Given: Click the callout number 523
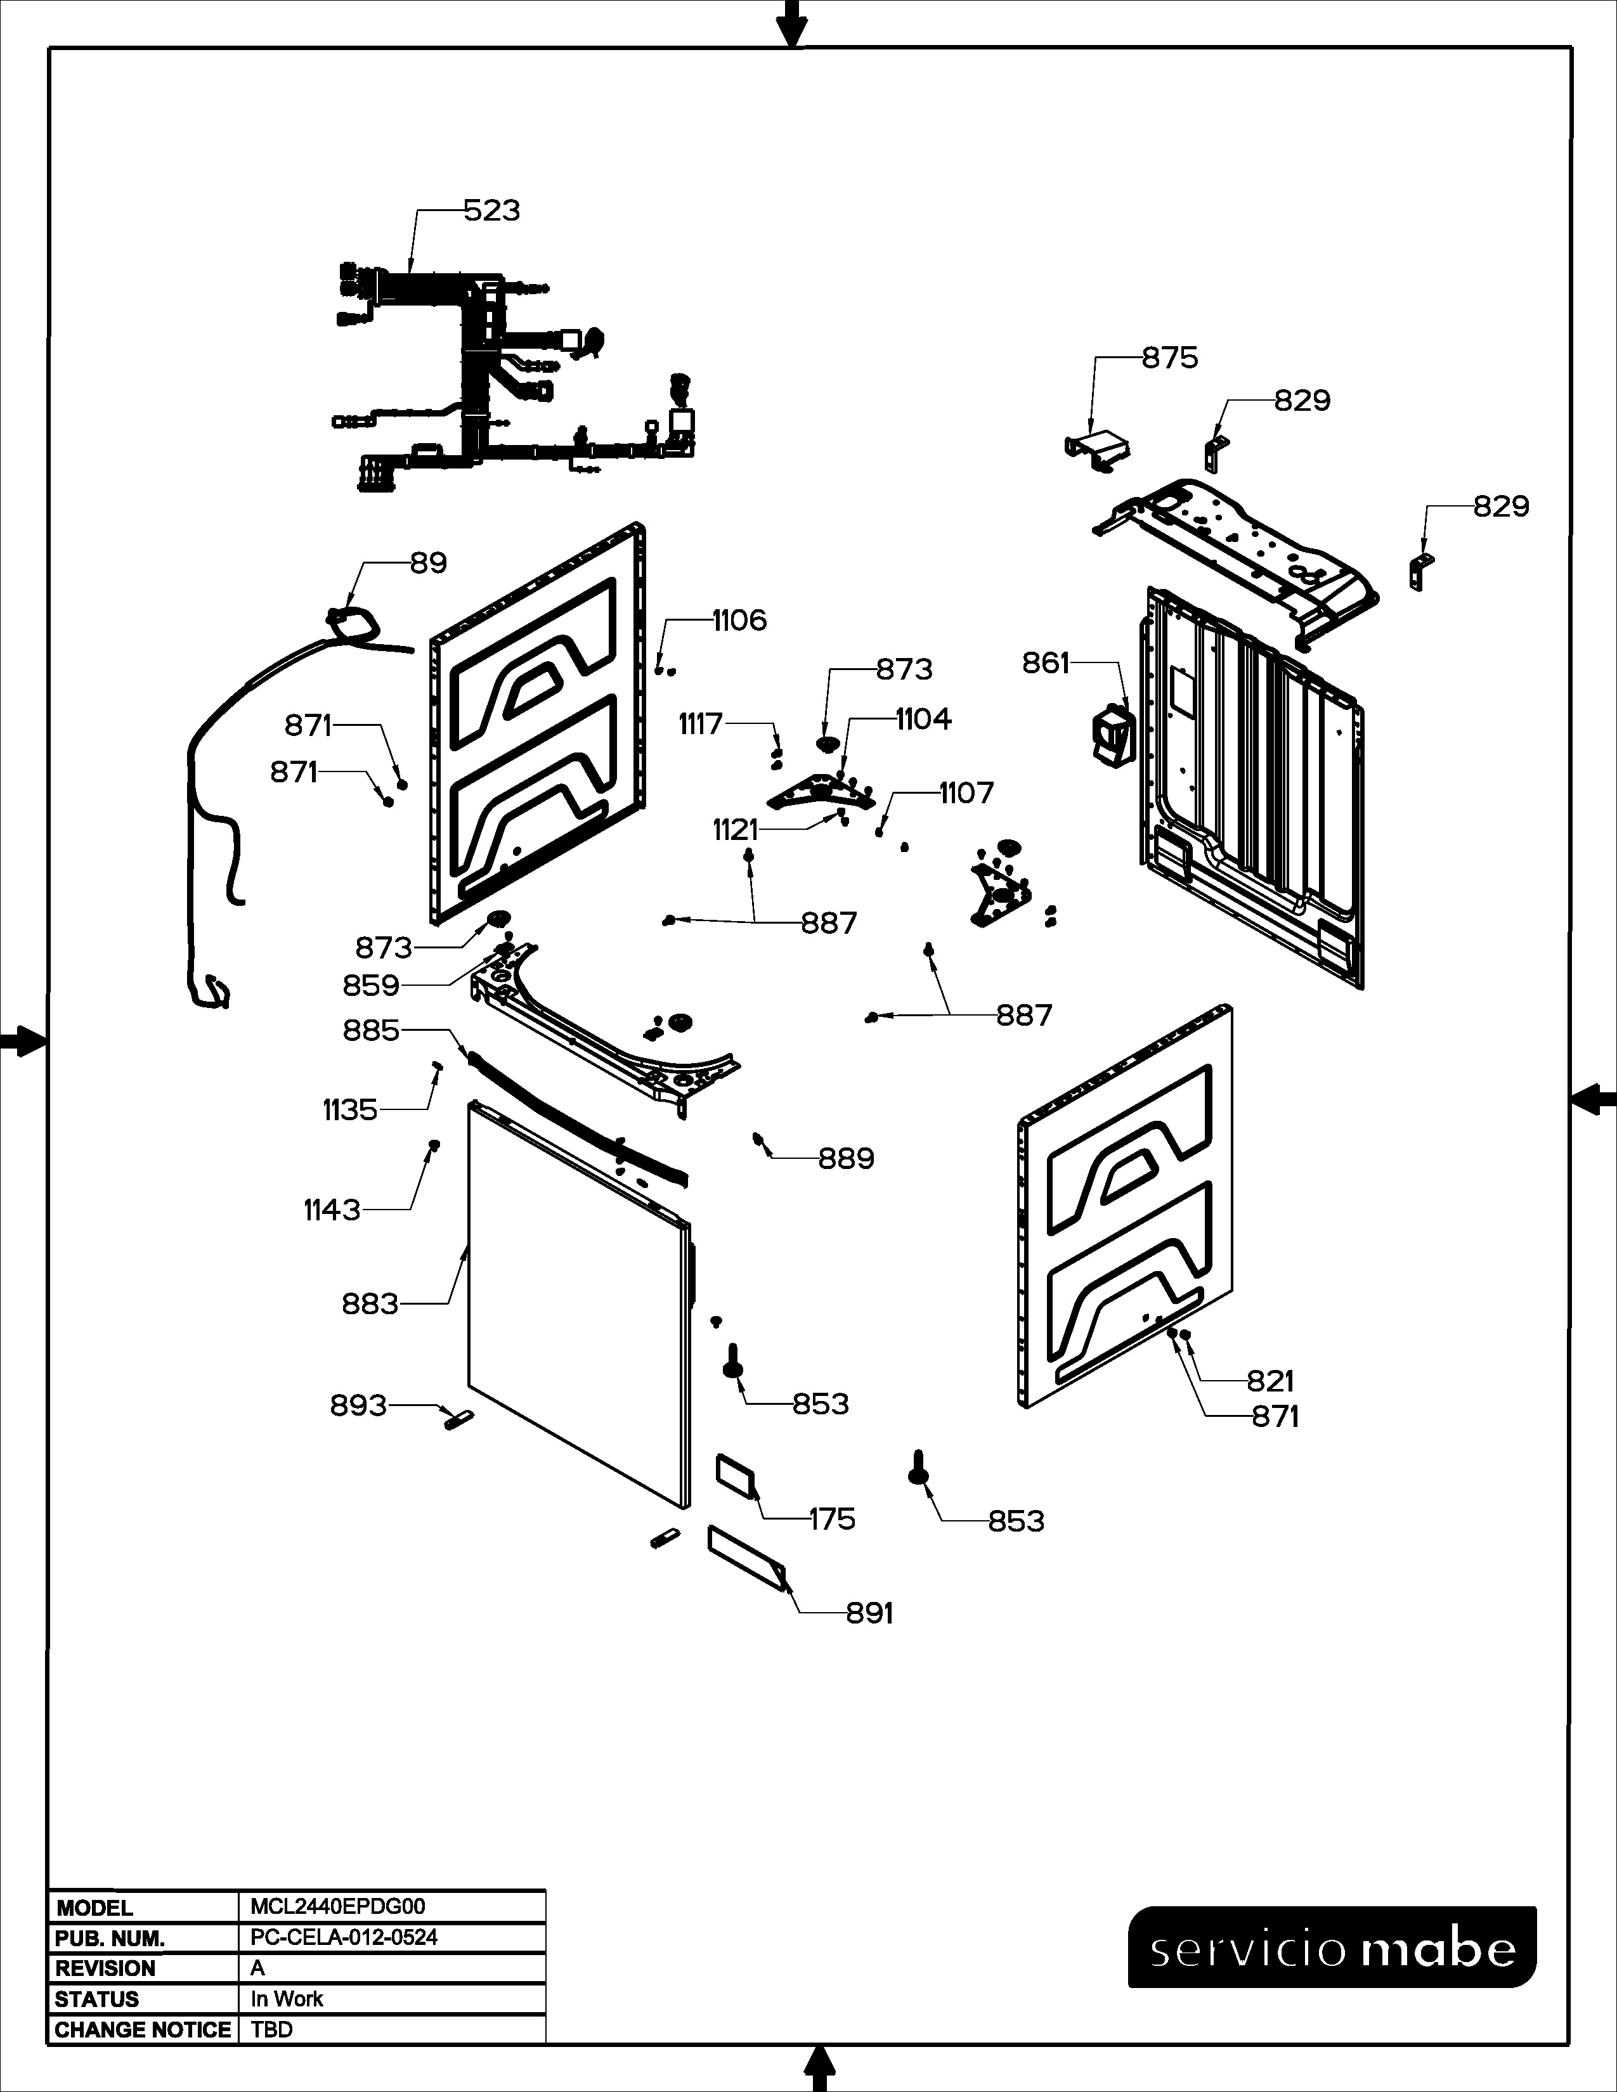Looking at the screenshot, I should (491, 210).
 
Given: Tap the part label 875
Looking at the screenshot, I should (1170, 358).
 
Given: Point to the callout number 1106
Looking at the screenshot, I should (739, 621).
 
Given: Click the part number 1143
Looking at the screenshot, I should (332, 1210).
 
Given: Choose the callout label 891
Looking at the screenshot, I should (869, 1613).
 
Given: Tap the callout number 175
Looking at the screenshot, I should (831, 1518).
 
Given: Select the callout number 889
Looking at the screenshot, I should (846, 1158).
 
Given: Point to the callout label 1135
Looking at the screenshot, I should (349, 1109).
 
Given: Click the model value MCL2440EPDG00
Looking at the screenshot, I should (337, 1906).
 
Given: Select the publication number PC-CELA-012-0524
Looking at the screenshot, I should (344, 1937).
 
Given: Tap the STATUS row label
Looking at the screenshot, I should (97, 1998).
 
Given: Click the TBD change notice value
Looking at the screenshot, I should (271, 2029).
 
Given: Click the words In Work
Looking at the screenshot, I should (287, 1998).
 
